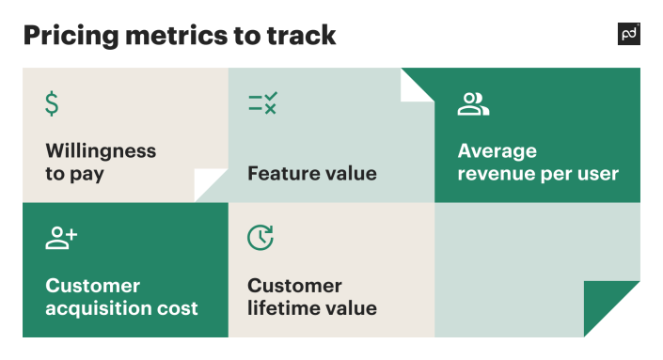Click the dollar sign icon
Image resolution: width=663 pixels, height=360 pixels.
pos(52,103)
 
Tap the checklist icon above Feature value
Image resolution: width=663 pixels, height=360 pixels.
pos(261,103)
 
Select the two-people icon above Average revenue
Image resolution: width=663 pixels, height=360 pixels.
pos(473,104)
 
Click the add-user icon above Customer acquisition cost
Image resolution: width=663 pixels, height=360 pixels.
pos(61,239)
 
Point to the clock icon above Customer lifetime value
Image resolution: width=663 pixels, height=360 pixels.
pos(260,239)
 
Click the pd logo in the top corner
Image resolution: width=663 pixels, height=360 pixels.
pos(628,35)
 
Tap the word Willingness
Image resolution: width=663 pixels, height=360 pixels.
pos(101,151)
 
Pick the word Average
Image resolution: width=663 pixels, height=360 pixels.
pos(497,151)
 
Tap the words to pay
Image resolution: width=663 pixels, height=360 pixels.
pos(74,174)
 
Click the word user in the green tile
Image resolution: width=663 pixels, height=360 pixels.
pos(596,174)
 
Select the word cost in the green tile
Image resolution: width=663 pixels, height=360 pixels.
pos(179,308)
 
